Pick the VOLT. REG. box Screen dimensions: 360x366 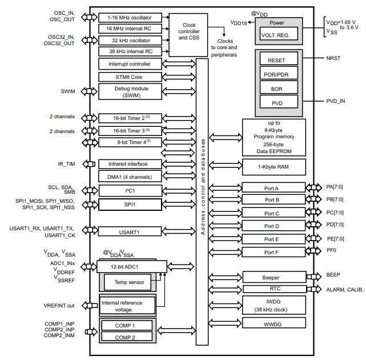coord(277,35)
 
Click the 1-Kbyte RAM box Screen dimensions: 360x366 coord(274,167)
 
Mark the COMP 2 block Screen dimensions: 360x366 coord(126,337)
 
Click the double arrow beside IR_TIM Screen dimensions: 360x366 coord(89,165)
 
